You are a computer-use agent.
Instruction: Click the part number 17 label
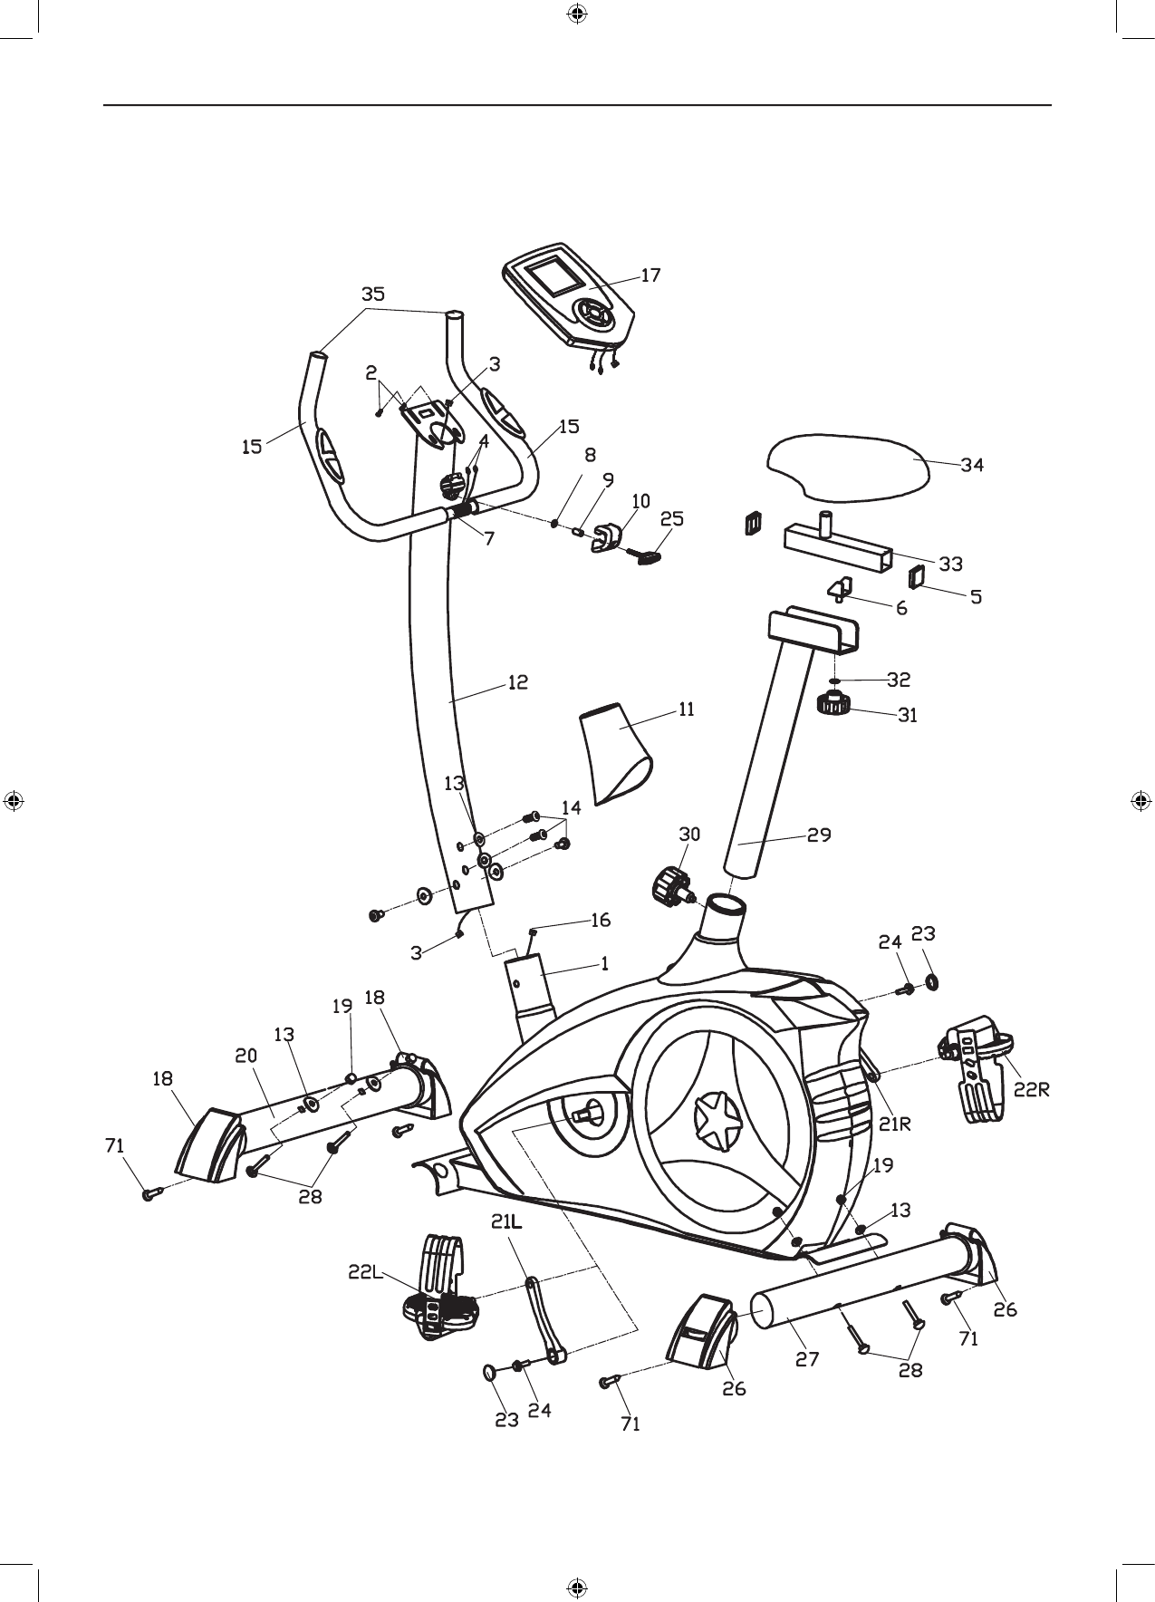[x=650, y=275]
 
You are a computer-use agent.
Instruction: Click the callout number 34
[x=972, y=465]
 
